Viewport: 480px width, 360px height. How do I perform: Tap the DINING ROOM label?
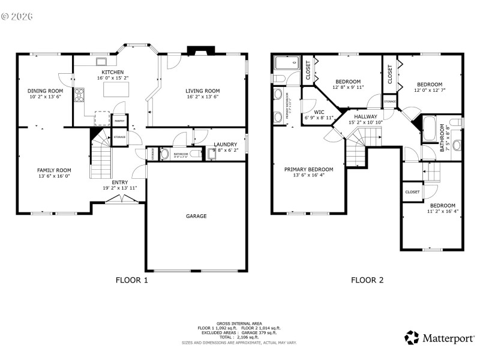tap(45, 91)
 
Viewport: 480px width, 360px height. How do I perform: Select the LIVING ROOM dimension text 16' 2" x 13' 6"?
tap(202, 97)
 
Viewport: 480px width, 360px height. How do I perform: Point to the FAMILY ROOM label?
tap(54, 170)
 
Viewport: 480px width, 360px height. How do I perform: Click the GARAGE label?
tap(196, 216)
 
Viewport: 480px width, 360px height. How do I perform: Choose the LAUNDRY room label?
tap(226, 145)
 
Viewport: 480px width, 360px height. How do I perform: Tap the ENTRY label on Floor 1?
tap(119, 182)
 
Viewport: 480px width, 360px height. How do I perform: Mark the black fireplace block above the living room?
tap(196, 50)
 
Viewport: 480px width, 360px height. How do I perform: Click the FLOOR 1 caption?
tap(131, 280)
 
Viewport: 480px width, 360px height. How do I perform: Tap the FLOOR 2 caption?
tap(367, 280)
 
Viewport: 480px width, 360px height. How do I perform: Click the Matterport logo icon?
tap(412, 337)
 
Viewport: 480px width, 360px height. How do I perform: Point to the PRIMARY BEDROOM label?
tap(308, 169)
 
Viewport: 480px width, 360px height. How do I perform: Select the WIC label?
tap(319, 112)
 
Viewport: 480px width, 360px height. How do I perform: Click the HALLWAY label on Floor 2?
tap(365, 116)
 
